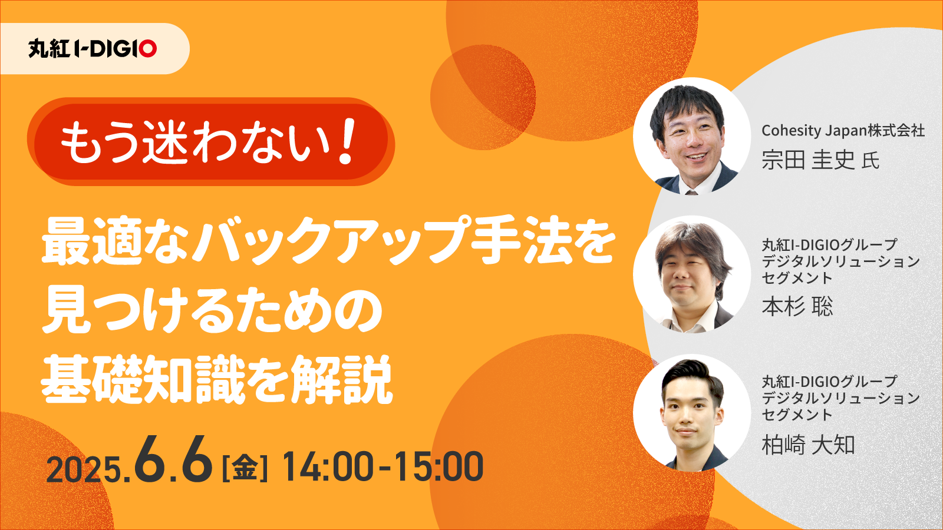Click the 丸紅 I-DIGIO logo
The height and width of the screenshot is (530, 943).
coord(93,49)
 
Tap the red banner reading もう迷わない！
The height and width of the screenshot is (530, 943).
coord(210,142)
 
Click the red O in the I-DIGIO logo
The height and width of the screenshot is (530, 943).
coord(148,49)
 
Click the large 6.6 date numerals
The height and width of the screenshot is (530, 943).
coord(173,460)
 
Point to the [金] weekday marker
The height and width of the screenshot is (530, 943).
coord(245,467)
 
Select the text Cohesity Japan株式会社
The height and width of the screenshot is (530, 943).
coord(843,130)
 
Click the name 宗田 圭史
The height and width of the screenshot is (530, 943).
coord(808,160)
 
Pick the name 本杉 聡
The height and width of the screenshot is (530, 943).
coord(797,306)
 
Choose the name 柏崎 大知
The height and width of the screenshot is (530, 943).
coord(808,445)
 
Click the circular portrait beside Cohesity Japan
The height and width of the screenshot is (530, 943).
coord(692,136)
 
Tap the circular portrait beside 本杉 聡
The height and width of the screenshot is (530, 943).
coord(692,274)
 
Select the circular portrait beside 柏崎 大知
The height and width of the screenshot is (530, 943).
coord(692,413)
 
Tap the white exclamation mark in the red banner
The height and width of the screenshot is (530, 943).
coord(347,141)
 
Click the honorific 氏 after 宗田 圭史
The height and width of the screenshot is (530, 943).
coord(870,161)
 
